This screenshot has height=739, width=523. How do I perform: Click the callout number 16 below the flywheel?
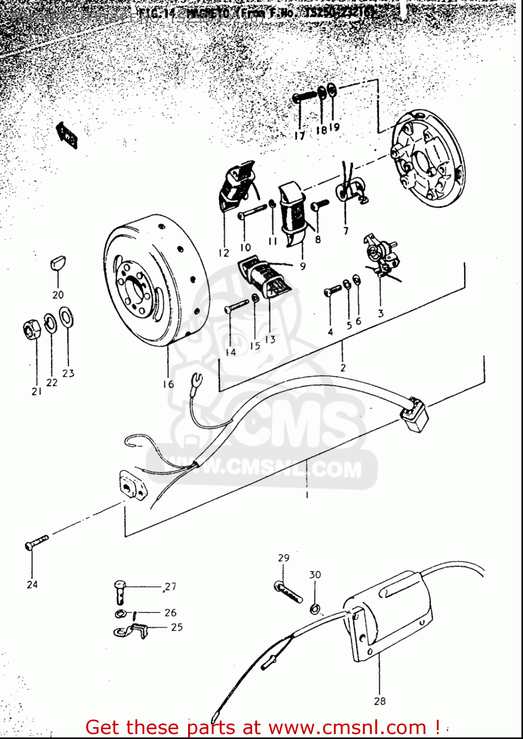coord(168,384)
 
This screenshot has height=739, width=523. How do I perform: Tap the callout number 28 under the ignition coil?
coord(380,701)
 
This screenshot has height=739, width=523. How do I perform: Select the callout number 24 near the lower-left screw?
coord(32,584)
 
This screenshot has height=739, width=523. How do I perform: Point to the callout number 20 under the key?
coord(58,295)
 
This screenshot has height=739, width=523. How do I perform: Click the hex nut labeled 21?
coord(32,329)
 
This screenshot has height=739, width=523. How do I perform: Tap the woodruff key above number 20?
coord(58,263)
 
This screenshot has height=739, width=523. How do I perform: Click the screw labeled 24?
coord(36,542)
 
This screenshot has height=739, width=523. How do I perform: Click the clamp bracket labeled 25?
coord(130,631)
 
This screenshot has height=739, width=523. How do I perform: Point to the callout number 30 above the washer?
coord(315,574)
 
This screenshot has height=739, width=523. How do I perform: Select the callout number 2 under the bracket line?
coord(343,368)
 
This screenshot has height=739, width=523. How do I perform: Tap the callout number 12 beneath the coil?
coord(224,253)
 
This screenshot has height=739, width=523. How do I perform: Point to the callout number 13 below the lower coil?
coord(270,339)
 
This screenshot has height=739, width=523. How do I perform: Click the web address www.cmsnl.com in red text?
coord(348,727)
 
